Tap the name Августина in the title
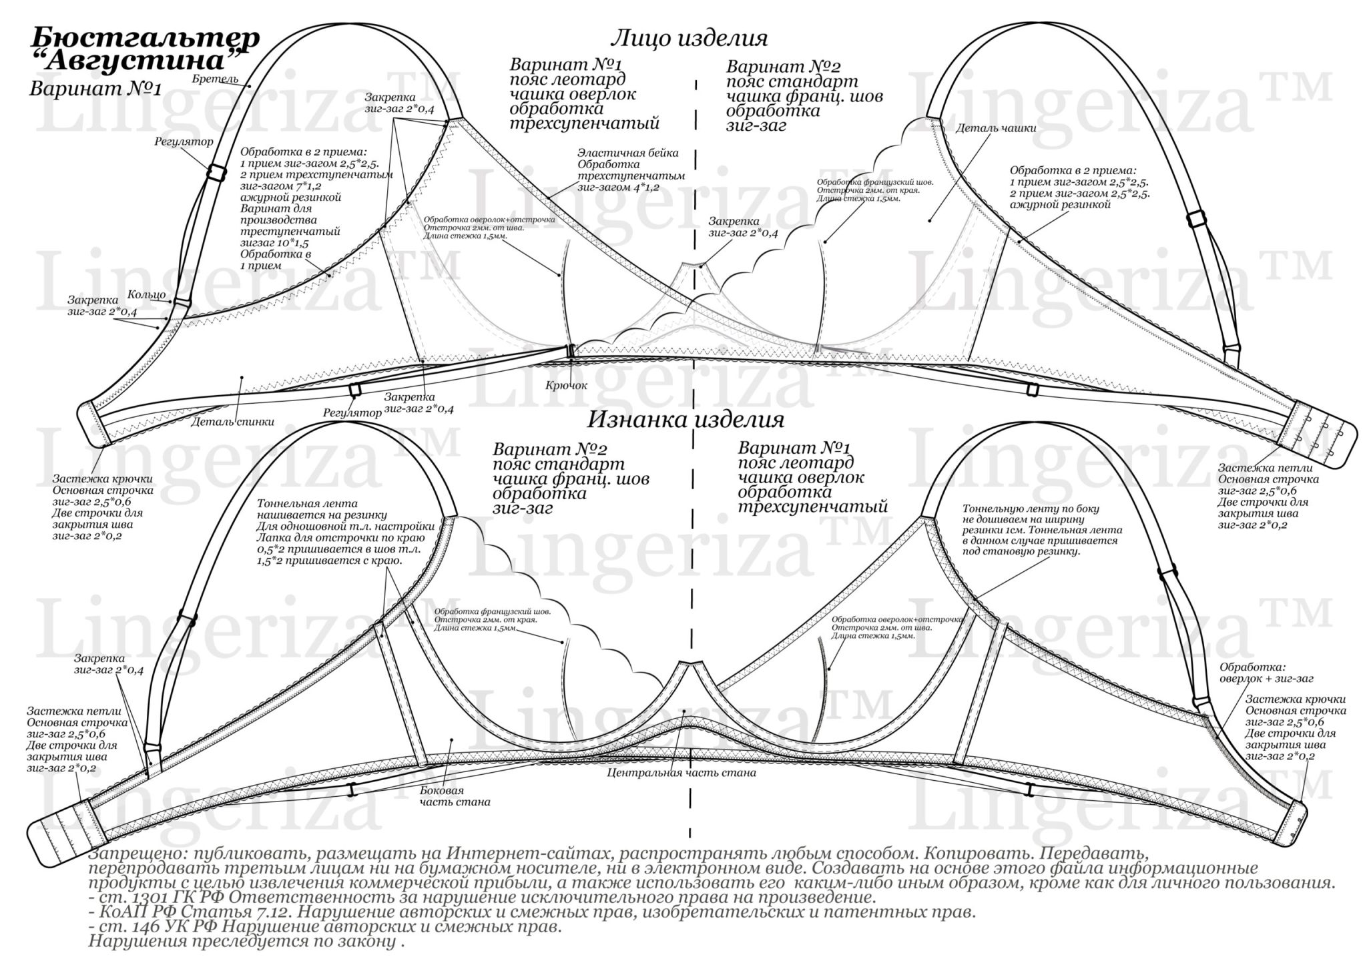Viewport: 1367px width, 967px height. point(137,61)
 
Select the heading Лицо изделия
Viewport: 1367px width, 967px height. point(690,38)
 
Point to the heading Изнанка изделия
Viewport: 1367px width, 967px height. point(685,420)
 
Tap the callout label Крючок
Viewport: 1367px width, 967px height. point(566,385)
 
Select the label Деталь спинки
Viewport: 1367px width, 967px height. point(232,421)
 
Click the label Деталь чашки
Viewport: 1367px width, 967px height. point(996,128)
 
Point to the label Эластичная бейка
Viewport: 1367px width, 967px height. point(628,153)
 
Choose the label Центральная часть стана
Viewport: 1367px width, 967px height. point(681,773)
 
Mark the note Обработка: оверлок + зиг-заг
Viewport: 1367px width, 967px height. point(1266,673)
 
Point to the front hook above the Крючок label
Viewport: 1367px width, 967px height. point(571,350)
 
